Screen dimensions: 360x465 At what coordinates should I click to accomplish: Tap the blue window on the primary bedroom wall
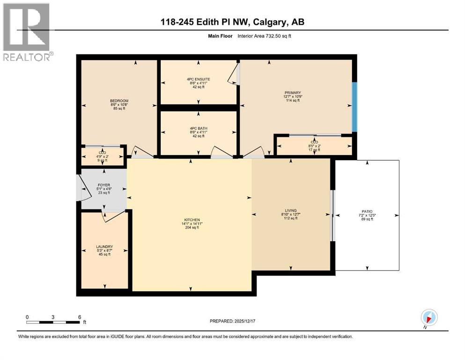[354, 107]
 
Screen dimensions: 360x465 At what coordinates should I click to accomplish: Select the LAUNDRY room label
[104, 246]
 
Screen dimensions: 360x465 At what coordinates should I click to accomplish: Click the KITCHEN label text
[192, 220]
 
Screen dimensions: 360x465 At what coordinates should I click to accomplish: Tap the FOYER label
[103, 185]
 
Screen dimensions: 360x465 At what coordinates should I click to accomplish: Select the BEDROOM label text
[119, 101]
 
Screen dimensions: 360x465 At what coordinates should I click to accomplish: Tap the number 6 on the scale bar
[80, 317]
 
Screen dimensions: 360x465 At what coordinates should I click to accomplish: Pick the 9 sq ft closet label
[102, 161]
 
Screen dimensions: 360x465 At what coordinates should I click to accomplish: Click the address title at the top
[233, 22]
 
